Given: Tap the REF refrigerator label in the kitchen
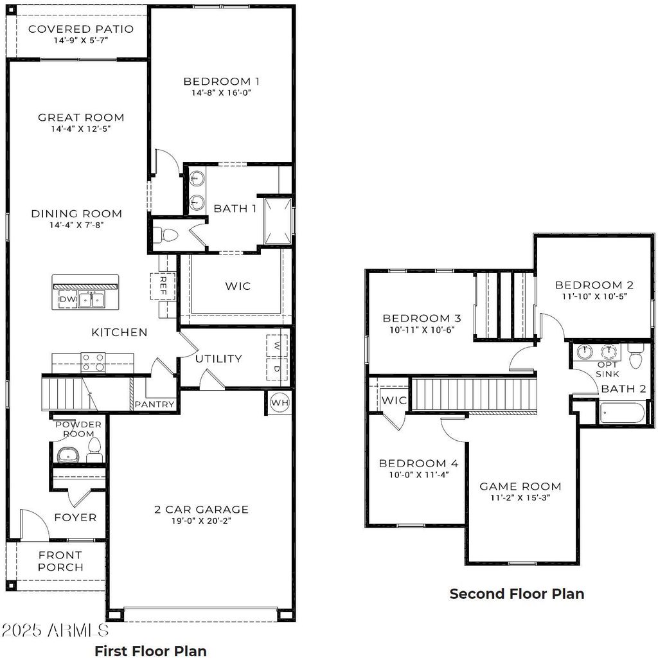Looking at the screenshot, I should pyautogui.click(x=163, y=285).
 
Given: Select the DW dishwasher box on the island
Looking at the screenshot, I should pyautogui.click(x=67, y=299).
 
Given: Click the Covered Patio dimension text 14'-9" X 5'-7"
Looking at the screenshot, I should pyautogui.click(x=80, y=40).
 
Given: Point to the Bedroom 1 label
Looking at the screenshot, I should pyautogui.click(x=221, y=81).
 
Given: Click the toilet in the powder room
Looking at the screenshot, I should pyautogui.click(x=94, y=448).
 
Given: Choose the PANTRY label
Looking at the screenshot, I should pyautogui.click(x=155, y=404).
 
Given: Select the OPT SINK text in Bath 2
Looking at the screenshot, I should pyautogui.click(x=607, y=369).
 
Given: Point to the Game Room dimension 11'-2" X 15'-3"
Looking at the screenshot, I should pyautogui.click(x=520, y=497).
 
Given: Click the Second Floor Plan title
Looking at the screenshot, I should pyautogui.click(x=517, y=594).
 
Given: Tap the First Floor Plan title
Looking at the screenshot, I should pyautogui.click(x=150, y=650).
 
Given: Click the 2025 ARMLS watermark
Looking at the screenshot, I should pyautogui.click(x=55, y=630).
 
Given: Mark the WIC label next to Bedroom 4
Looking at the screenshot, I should pyautogui.click(x=394, y=400).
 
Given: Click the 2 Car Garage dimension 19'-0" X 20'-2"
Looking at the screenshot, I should pyautogui.click(x=201, y=521).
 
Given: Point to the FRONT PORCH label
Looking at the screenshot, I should pyautogui.click(x=60, y=561).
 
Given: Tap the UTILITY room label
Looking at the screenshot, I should pyautogui.click(x=218, y=359).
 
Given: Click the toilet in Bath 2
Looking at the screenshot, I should pyautogui.click(x=636, y=357).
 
